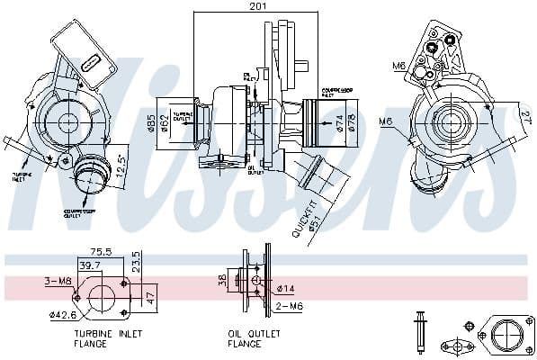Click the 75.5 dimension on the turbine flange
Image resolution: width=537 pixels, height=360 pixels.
[x=102, y=254]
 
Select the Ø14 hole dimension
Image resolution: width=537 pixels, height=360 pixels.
[x=287, y=289]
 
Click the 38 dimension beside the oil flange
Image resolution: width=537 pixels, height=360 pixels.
[x=222, y=279]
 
